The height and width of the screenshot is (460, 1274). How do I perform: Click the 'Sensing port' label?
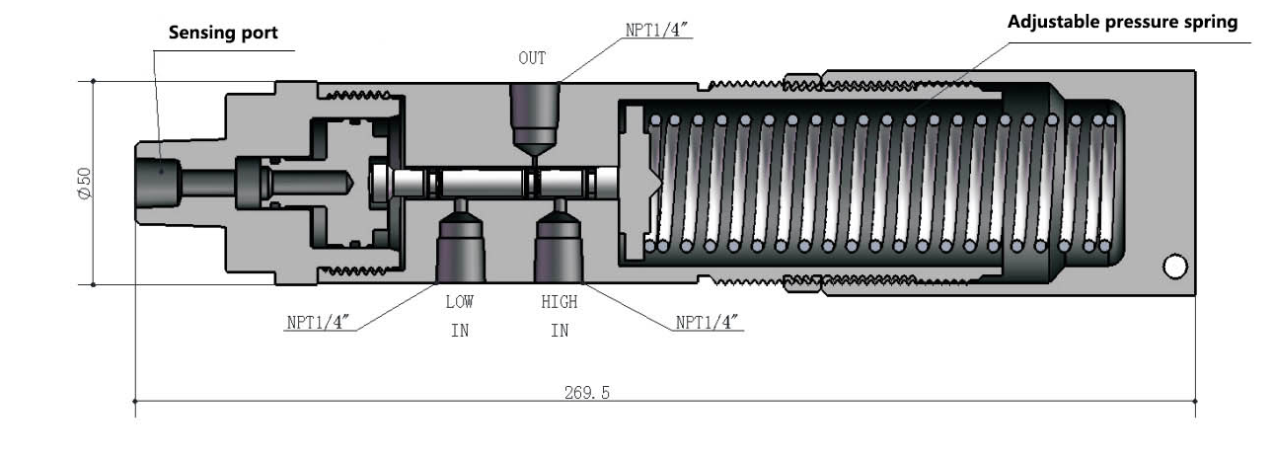(222, 33)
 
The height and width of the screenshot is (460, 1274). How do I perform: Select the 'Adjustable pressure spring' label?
(1122, 22)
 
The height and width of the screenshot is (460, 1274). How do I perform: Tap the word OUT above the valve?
(532, 58)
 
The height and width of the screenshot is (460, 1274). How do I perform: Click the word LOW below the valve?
(459, 303)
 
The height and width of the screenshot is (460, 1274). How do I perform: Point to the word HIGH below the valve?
(559, 303)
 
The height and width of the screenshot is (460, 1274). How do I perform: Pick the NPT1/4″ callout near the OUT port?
(658, 29)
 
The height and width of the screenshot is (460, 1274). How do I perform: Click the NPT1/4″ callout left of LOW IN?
(320, 323)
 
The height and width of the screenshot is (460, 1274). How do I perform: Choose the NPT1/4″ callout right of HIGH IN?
(709, 323)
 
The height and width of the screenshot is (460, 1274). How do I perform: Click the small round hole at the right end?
(1174, 267)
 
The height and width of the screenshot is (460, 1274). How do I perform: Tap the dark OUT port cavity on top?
(534, 109)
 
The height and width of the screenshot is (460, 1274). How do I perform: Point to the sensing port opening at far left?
(155, 182)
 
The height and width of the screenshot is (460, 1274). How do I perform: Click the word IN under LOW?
(459, 331)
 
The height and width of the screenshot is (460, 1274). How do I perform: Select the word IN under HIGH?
(559, 331)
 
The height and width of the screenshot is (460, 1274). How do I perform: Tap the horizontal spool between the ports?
(503, 183)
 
